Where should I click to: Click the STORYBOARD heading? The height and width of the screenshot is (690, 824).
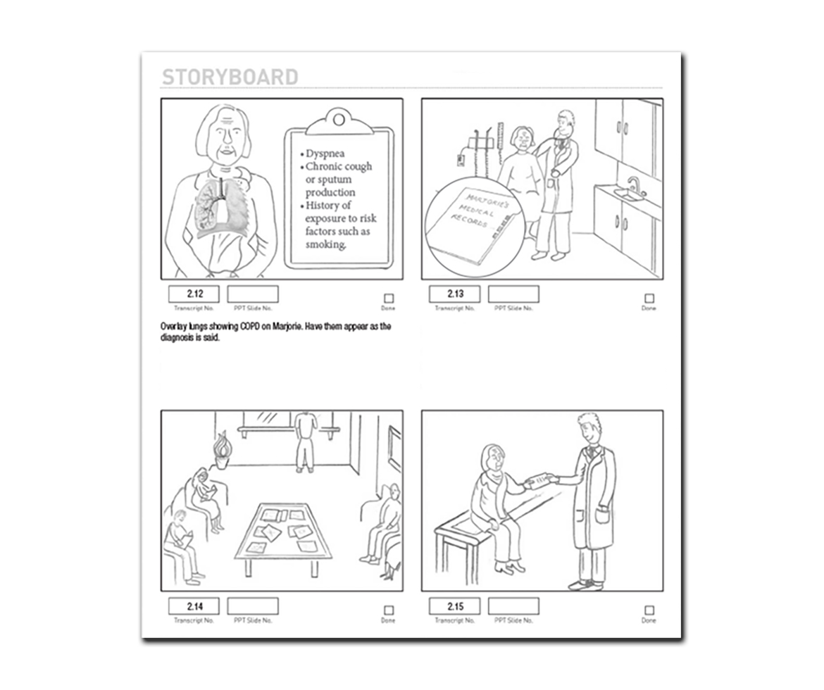(x=230, y=77)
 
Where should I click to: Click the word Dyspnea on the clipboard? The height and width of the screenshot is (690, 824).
(x=325, y=153)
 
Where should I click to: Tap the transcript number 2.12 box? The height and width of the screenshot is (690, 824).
(x=194, y=294)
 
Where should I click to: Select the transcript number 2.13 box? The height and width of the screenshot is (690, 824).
(x=455, y=294)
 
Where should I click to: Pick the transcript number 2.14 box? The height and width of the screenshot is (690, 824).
(x=194, y=606)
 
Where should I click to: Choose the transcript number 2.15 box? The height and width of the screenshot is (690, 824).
(x=455, y=606)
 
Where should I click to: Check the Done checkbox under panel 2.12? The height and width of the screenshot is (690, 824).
(x=388, y=299)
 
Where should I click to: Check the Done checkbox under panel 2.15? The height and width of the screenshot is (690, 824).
(x=649, y=610)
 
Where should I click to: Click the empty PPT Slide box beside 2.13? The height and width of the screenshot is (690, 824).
(x=513, y=294)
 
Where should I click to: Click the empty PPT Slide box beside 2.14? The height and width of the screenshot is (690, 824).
(x=253, y=606)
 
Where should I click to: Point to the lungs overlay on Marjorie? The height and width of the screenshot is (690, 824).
(x=221, y=206)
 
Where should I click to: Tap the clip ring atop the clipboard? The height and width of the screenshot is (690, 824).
(x=339, y=120)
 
